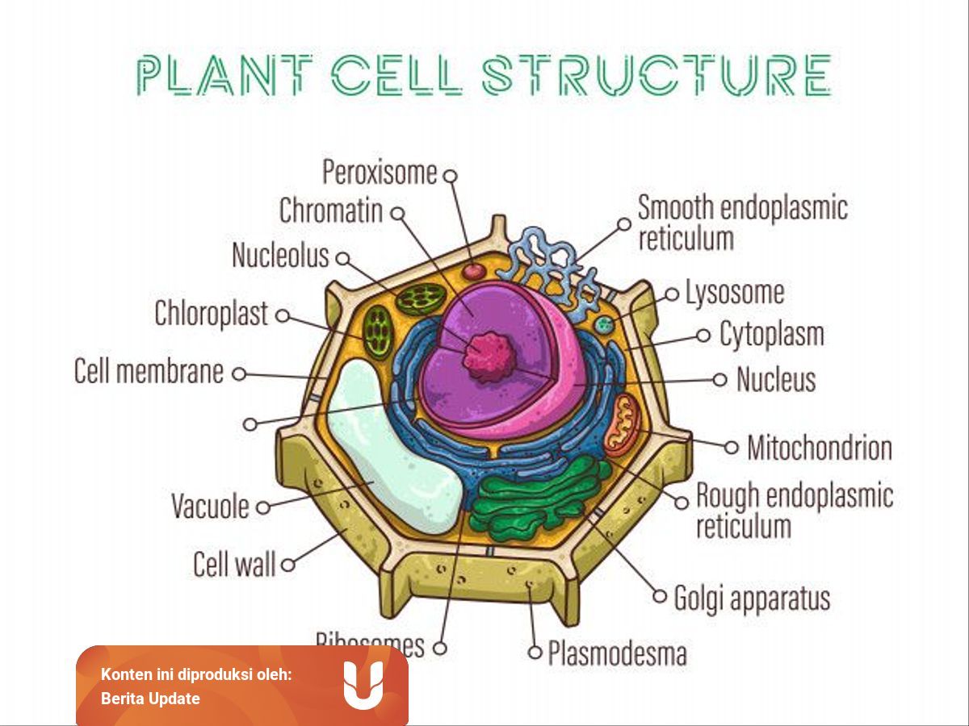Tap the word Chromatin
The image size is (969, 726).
(x=330, y=211)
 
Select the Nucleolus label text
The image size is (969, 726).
(x=280, y=256)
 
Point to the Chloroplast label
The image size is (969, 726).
(x=211, y=314)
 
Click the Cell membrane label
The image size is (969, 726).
(x=149, y=372)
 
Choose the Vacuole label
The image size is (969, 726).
(x=210, y=507)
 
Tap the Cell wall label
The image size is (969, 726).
(x=234, y=564)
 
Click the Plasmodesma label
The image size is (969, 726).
(x=617, y=653)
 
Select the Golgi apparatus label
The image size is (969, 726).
(x=751, y=599)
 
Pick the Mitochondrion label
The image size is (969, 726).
(x=819, y=448)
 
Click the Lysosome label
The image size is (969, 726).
(x=734, y=293)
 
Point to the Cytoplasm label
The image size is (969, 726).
(x=771, y=334)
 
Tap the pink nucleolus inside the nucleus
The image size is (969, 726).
(x=488, y=356)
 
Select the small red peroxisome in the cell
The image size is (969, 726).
(x=473, y=271)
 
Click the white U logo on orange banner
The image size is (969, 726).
(x=363, y=685)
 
